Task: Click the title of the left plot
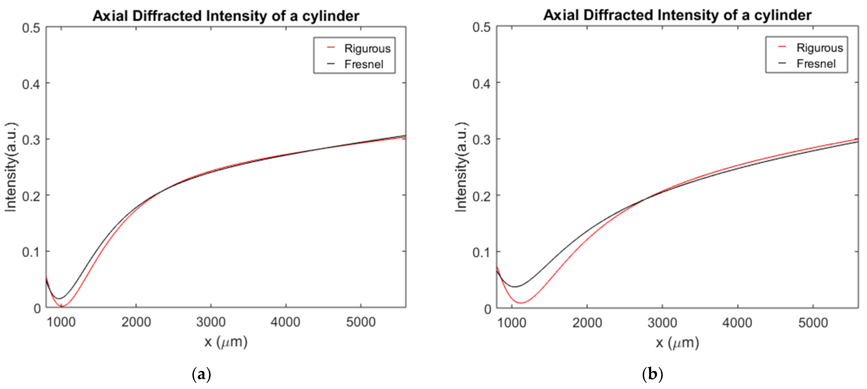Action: tap(226, 16)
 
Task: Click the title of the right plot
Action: tap(677, 15)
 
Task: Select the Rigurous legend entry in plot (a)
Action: tap(367, 48)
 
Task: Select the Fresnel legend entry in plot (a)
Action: tap(364, 64)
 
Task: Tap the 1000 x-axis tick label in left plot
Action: tap(61, 322)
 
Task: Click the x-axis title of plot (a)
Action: tap(226, 342)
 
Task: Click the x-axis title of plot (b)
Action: tap(677, 343)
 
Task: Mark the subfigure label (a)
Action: tap(201, 374)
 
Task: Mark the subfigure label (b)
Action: tap(652, 374)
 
